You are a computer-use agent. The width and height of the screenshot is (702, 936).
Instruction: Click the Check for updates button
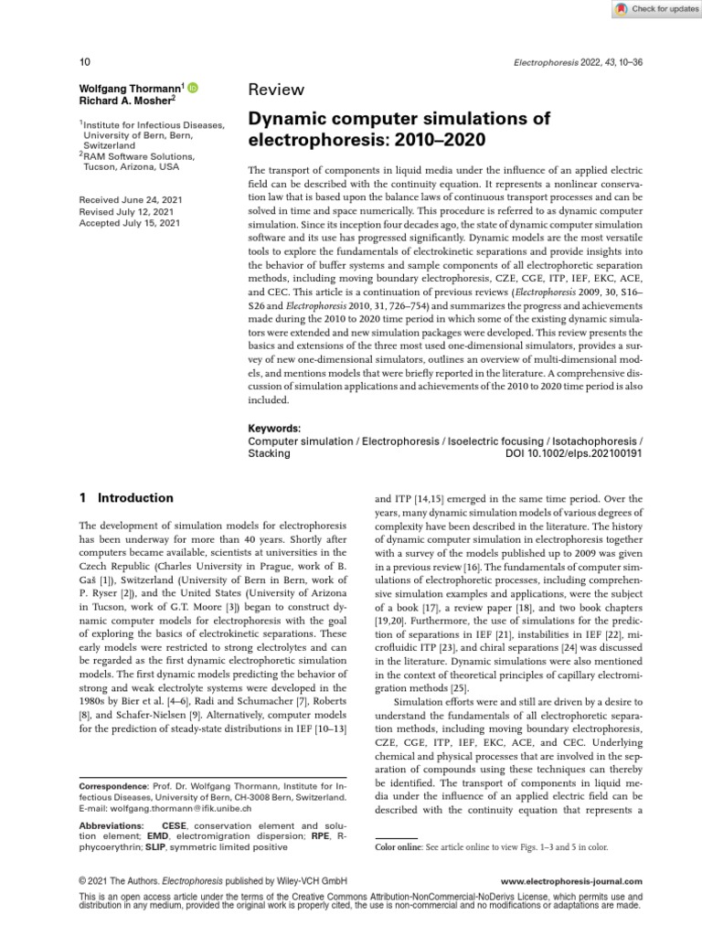tap(654, 9)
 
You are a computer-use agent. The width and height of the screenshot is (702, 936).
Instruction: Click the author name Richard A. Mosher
tap(124, 101)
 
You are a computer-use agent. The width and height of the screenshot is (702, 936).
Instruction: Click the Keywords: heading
tap(274, 428)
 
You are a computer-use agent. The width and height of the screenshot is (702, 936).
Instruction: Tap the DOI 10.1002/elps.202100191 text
tap(574, 452)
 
